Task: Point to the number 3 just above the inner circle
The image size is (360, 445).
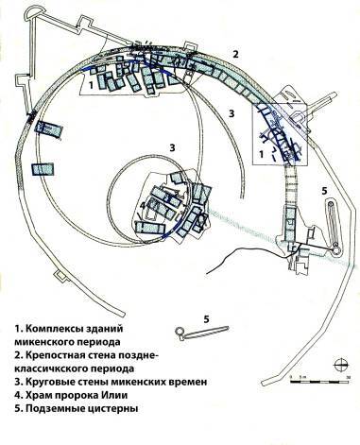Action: pyautogui.click(x=171, y=148)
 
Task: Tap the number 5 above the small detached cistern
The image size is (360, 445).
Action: pyautogui.click(x=204, y=318)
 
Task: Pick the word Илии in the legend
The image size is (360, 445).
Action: pyautogui.click(x=127, y=396)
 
